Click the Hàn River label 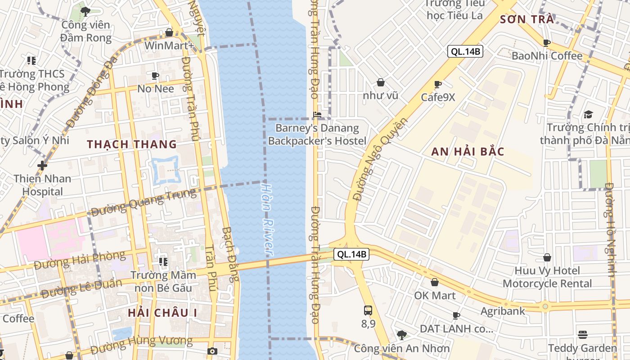click(x=268, y=219)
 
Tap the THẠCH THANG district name click(x=132, y=144)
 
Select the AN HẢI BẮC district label click(x=468, y=152)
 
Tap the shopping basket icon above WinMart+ click(x=169, y=32)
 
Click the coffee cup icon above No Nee click(x=155, y=76)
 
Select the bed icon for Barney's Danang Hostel click(x=317, y=115)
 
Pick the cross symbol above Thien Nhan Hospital click(x=42, y=166)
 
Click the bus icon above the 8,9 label click(x=368, y=310)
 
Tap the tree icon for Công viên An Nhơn click(x=401, y=335)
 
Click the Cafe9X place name click(x=438, y=97)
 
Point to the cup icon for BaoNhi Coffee click(x=547, y=43)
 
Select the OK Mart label click(x=435, y=296)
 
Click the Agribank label click(x=503, y=311)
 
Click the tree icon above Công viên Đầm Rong click(x=85, y=11)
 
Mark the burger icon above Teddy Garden click(x=583, y=334)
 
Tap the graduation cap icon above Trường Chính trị click(x=588, y=114)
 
